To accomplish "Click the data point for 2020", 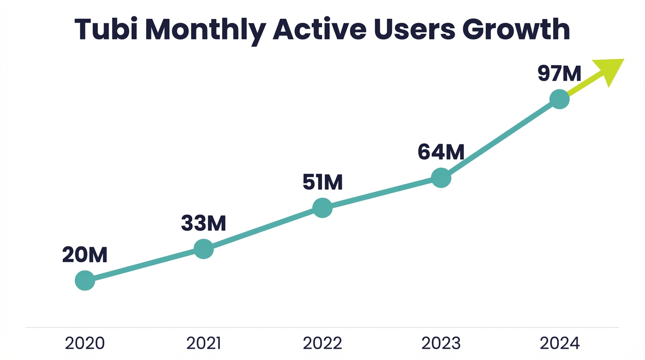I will point(85,280).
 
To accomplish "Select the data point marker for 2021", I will point(203,249).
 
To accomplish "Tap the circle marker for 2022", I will point(322,208).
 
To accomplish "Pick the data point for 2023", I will point(441,178).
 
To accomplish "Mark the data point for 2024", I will point(559,99).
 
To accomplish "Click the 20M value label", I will point(85,255).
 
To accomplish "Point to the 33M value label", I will point(203,224).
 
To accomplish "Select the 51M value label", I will point(322,182).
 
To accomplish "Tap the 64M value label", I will point(441,152).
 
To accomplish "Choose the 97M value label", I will point(559,74).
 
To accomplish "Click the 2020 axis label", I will point(85,344).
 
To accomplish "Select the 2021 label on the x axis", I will point(203,344).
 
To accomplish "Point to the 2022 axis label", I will point(322,344).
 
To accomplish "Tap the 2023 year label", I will point(441,344).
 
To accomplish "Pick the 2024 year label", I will point(560,344).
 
